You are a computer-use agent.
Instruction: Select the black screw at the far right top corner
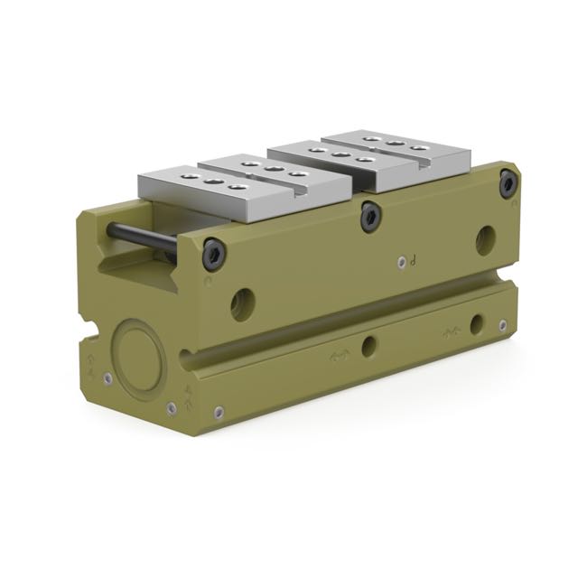508,183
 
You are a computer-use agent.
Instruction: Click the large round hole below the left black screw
242,303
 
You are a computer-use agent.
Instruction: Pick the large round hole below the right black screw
486,238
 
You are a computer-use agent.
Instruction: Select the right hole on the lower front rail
476,322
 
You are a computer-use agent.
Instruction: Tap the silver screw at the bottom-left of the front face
217,415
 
